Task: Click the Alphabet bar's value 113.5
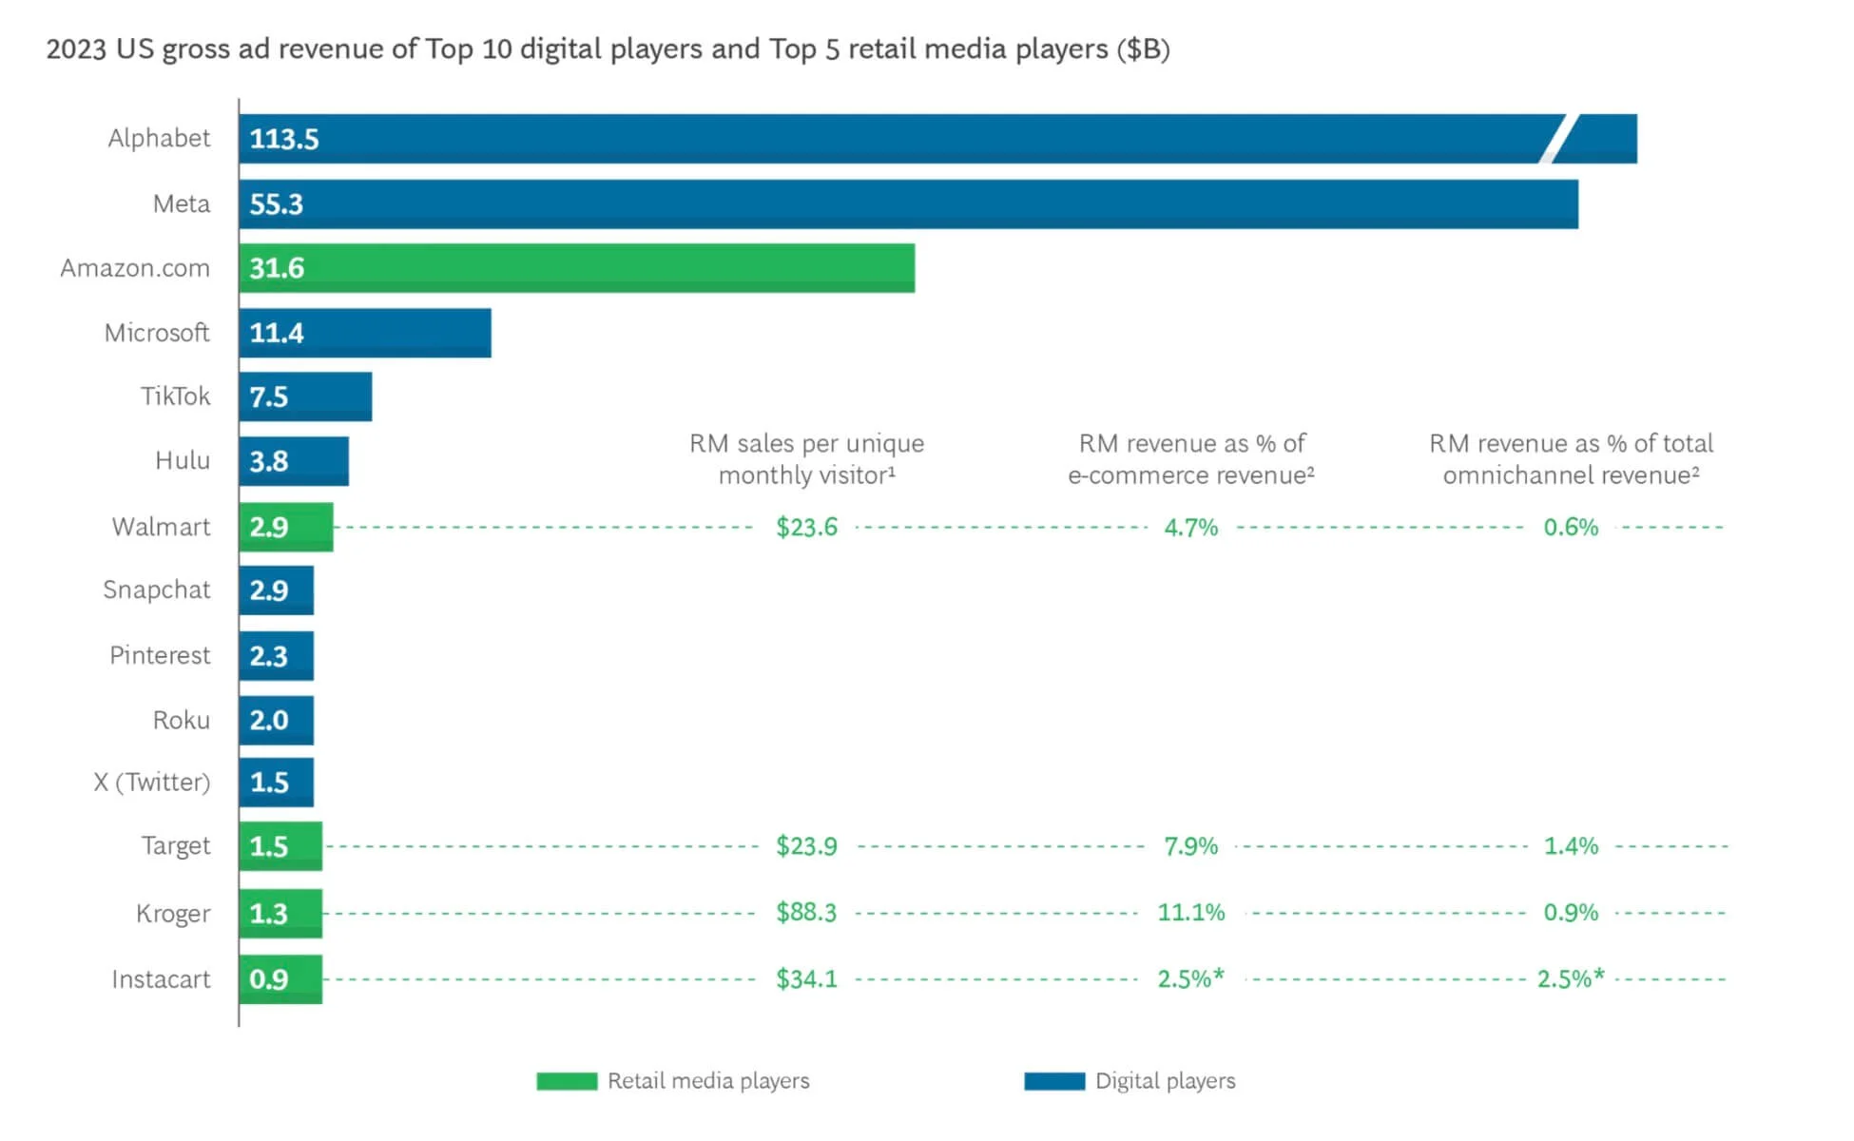(284, 139)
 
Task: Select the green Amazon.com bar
(576, 268)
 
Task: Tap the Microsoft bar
(365, 333)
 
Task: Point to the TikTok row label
(175, 396)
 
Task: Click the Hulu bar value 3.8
(269, 461)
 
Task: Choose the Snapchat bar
(277, 590)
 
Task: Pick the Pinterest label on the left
(160, 655)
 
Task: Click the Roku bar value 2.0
(269, 720)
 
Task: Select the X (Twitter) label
(152, 782)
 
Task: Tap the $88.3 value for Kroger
(806, 913)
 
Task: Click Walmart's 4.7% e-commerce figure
(1190, 527)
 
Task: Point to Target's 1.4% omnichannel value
(1571, 845)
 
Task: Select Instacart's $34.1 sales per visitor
(806, 978)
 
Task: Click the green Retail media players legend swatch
(567, 1081)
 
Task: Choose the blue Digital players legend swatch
(1054, 1081)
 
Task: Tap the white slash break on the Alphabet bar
(1558, 139)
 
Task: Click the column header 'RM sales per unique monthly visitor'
(806, 459)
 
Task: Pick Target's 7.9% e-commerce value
(1190, 845)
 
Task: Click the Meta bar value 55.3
(277, 204)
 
